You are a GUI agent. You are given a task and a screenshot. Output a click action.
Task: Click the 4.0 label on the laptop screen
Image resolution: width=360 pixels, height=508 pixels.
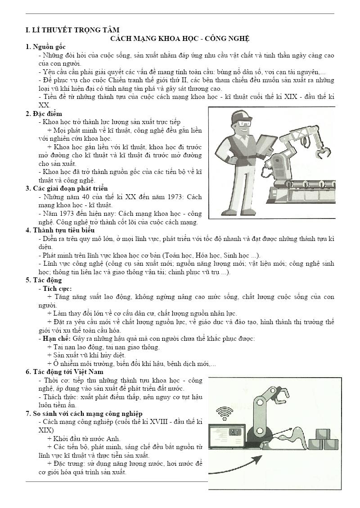[234, 432]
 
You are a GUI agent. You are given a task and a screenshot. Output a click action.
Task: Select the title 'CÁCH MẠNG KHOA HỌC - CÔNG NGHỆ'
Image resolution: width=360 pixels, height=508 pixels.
[180, 39]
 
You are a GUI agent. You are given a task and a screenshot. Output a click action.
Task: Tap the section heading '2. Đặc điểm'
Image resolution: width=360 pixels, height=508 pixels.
[44, 113]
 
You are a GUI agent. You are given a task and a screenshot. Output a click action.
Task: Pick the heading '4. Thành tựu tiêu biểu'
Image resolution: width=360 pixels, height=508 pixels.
[60, 230]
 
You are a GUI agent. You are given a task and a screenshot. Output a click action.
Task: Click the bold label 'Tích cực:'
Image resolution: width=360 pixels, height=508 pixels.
[57, 289]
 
